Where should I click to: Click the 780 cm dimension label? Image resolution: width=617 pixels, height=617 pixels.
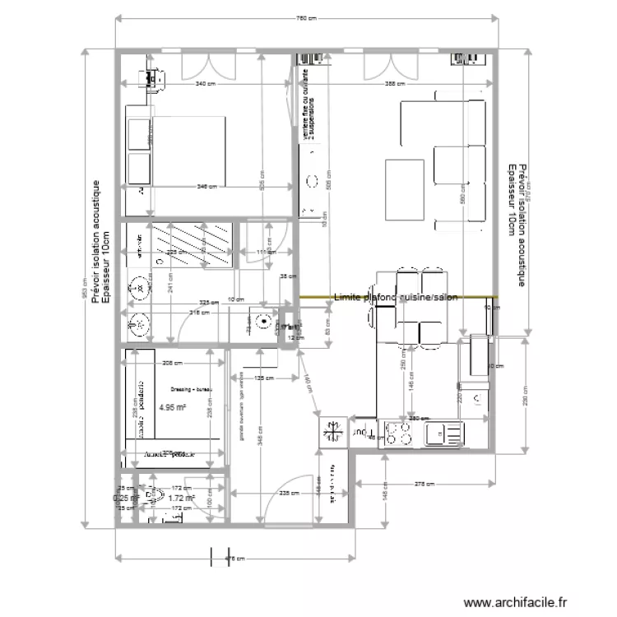point(306,18)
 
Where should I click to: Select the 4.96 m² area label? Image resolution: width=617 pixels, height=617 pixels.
point(173,406)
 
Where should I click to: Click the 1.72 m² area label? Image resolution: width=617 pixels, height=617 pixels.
point(180,498)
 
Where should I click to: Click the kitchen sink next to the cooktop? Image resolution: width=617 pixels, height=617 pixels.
point(443,433)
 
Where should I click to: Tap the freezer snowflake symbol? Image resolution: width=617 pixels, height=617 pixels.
point(333,430)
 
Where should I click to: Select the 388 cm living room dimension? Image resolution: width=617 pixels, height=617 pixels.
point(397,84)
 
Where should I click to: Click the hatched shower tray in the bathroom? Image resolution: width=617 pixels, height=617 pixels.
point(197,244)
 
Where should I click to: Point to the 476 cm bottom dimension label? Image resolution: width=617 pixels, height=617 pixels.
point(235,559)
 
